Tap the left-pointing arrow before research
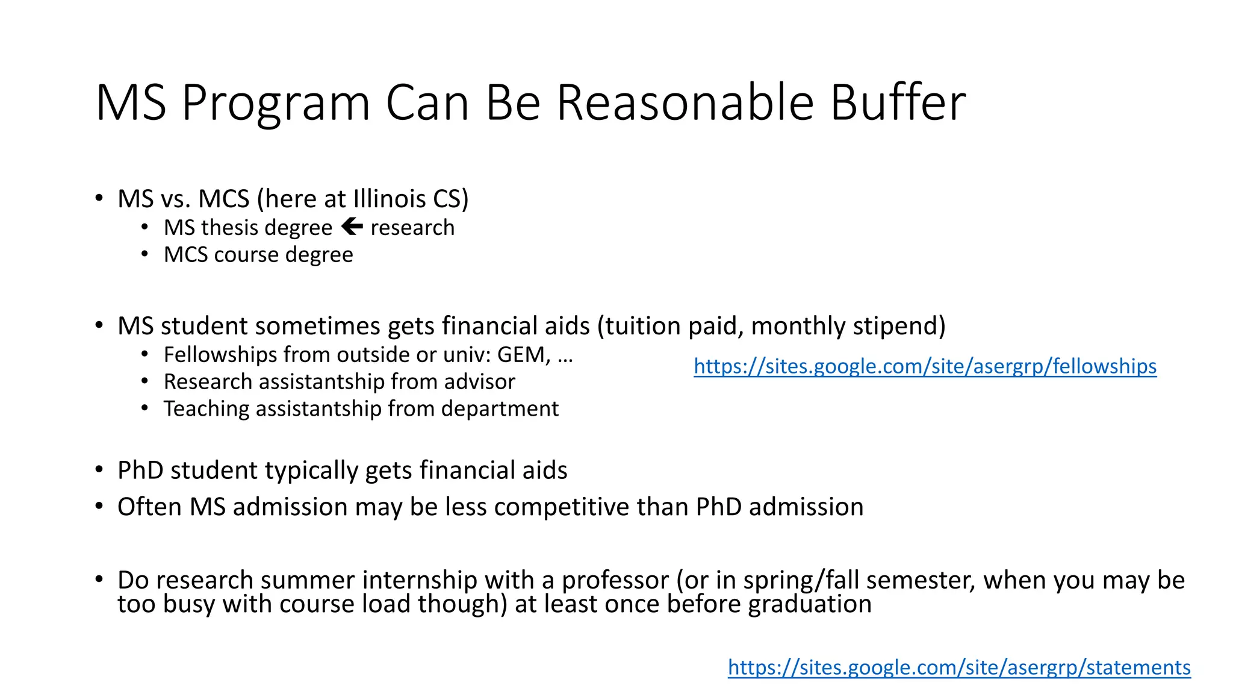coord(352,227)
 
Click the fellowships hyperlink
coord(925,366)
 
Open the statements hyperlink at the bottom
coord(958,667)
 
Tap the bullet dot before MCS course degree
coord(144,254)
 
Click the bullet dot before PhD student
coord(99,470)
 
